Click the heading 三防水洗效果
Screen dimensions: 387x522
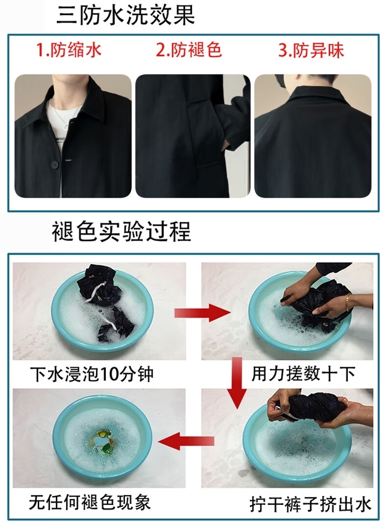pyautogui.click(x=125, y=15)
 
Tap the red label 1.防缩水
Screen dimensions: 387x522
pyautogui.click(x=69, y=50)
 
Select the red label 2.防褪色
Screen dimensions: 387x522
pyautogui.click(x=189, y=50)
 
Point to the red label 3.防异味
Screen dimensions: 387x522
pyautogui.click(x=311, y=50)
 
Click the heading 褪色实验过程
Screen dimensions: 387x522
pyautogui.click(x=121, y=231)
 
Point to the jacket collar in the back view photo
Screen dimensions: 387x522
pyautogui.click(x=313, y=94)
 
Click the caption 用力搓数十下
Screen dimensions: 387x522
pyautogui.click(x=303, y=374)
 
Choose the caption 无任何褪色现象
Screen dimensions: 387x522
pyautogui.click(x=90, y=502)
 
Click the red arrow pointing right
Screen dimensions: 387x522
pyautogui.click(x=202, y=312)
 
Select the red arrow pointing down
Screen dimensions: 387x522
pyautogui.click(x=237, y=383)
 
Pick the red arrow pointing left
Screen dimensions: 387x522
pyautogui.click(x=186, y=441)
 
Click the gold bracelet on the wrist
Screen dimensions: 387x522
pyautogui.click(x=348, y=302)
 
